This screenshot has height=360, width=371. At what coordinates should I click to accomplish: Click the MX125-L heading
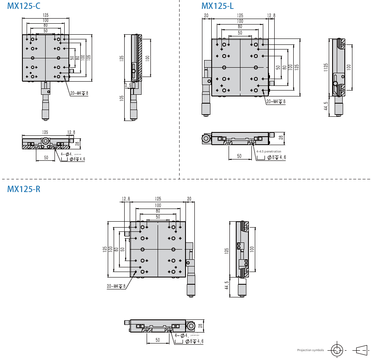point(217,6)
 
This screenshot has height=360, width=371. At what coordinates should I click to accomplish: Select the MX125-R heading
point(24,189)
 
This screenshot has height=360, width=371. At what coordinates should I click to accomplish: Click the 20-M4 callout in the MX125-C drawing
point(79,93)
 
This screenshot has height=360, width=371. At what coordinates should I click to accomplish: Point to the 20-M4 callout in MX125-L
point(276,102)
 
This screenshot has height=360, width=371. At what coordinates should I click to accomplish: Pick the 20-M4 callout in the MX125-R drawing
point(116,286)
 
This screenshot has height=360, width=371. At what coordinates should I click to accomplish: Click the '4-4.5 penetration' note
point(268,151)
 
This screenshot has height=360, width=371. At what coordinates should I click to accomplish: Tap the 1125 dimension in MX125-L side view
point(326,68)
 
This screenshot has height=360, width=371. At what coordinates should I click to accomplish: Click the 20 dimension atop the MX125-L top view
point(206,16)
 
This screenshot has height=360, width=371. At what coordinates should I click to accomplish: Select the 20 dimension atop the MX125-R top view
point(189,198)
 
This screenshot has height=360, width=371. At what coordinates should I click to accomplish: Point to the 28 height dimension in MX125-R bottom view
point(201,326)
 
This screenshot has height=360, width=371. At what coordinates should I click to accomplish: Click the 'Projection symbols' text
point(310,350)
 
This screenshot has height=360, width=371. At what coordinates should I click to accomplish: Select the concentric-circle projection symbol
point(337,350)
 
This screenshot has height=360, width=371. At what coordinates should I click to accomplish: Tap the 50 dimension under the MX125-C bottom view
point(46,157)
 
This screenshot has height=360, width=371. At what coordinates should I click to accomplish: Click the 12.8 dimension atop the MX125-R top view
point(125,198)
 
